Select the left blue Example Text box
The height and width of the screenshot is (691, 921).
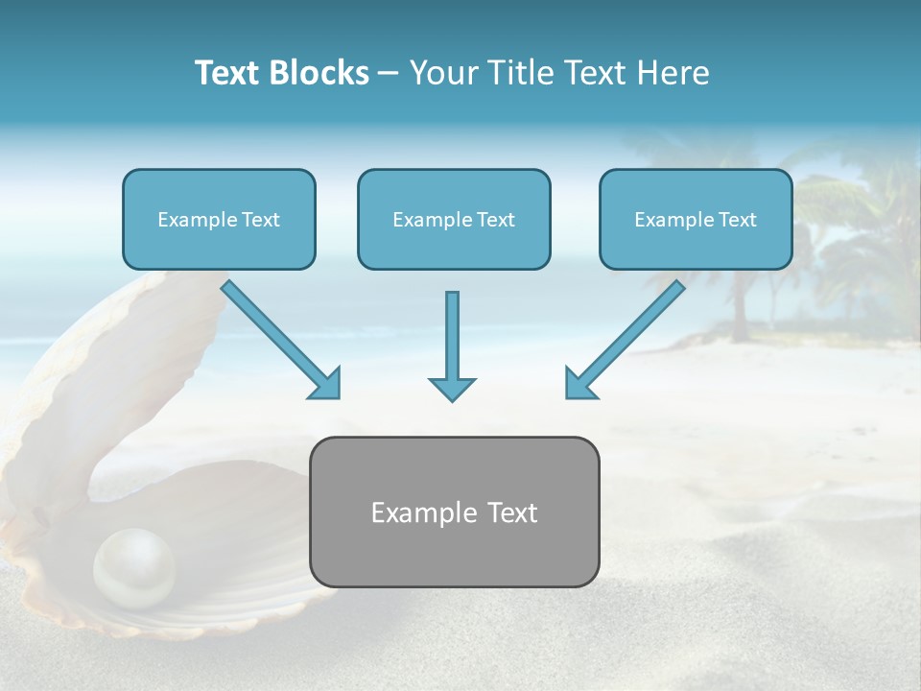[219, 219]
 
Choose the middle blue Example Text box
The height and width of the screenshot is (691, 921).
[454, 219]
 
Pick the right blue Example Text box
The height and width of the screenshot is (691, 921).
[696, 219]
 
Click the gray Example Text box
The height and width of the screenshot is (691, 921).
[454, 512]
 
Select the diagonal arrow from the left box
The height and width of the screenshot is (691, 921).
[278, 337]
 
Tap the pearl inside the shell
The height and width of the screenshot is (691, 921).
[134, 566]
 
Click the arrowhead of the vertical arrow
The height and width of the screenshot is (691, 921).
[452, 388]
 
